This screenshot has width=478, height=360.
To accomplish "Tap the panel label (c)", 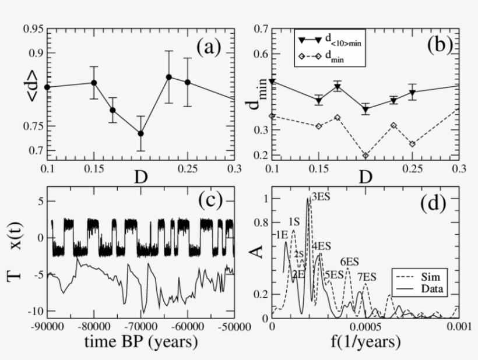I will pos(208,202).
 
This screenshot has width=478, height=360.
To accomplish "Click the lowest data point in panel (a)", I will pos(140,133).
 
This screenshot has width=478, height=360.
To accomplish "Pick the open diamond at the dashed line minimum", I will pos(365,156).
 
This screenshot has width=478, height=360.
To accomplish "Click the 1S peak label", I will pos(294,222).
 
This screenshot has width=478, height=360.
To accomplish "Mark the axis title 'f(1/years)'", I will pos(367,342).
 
